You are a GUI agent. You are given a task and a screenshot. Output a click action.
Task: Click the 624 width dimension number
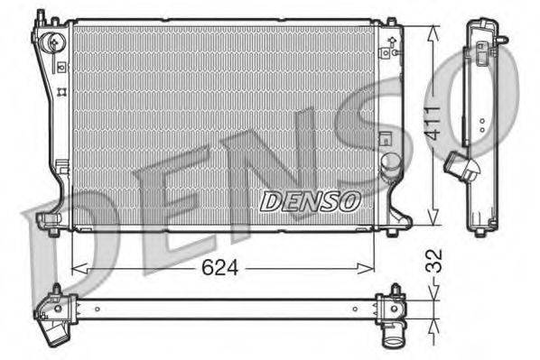click(x=219, y=268)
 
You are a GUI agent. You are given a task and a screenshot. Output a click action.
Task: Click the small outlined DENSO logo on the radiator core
click(x=310, y=200)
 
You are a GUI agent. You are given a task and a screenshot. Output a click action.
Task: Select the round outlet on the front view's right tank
click(x=390, y=162)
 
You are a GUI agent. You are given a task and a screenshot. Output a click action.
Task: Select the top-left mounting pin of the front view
click(x=39, y=15)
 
